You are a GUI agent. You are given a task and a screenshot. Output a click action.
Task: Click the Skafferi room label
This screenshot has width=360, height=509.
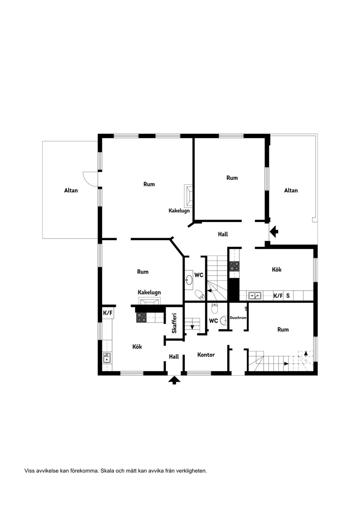[174, 323]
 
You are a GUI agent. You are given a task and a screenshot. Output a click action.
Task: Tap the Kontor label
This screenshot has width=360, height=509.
[206, 355]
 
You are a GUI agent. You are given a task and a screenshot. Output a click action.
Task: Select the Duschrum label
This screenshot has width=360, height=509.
[238, 318]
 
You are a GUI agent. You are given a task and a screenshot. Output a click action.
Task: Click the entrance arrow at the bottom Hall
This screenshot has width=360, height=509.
[174, 380]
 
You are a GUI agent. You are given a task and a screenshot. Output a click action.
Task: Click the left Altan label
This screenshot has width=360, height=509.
[71, 190]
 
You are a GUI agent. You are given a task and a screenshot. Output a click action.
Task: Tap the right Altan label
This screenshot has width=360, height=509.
[291, 190]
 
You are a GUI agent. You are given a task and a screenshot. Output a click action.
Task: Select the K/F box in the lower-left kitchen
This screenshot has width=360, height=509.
[108, 313]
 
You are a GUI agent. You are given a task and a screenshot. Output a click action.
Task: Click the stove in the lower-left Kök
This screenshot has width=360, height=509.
[141, 317]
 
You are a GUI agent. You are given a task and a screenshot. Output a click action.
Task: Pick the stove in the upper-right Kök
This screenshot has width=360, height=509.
[235, 266]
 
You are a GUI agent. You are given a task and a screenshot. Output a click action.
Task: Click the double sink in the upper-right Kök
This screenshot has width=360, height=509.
[255, 296]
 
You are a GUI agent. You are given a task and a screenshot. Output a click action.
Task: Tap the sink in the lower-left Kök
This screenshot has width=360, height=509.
[107, 358]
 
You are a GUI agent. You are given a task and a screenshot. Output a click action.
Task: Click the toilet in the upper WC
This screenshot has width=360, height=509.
[199, 294]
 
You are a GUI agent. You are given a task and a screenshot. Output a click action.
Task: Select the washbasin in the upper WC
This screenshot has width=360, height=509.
[189, 280]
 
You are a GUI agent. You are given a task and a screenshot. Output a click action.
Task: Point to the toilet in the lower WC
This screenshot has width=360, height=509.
[214, 308]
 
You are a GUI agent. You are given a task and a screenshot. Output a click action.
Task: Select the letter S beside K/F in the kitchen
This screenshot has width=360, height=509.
[288, 296]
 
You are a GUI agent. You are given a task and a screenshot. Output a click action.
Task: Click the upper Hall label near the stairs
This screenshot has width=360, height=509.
[223, 234]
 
